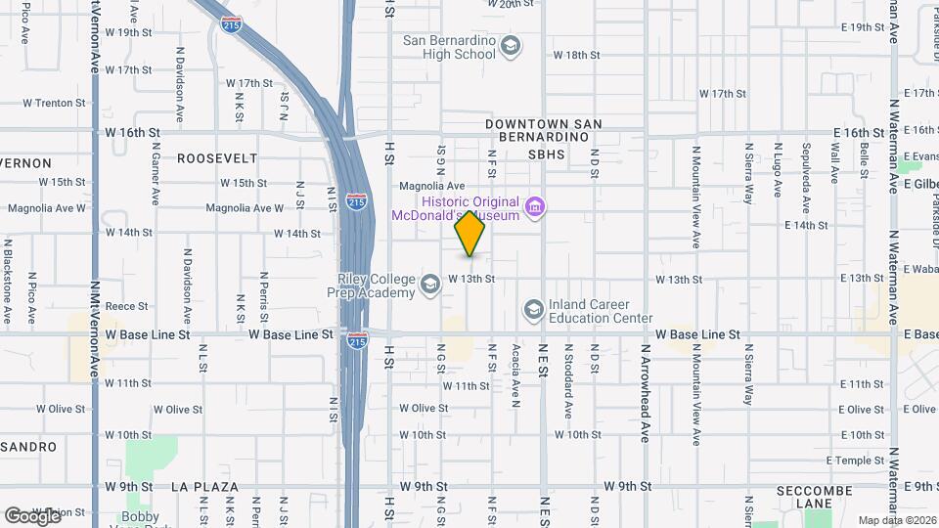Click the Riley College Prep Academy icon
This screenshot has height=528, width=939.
(428, 286)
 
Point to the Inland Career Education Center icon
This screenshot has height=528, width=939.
(533, 310)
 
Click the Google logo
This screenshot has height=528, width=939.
(32, 515)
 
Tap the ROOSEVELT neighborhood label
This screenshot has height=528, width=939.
(217, 157)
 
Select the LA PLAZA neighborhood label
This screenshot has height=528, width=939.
(204, 486)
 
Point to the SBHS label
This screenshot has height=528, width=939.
(547, 154)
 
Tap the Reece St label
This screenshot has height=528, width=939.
(125, 306)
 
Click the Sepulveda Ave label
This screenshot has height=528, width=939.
(806, 168)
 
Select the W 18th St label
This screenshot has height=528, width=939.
(576, 55)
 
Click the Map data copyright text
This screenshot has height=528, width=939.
(895, 519)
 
